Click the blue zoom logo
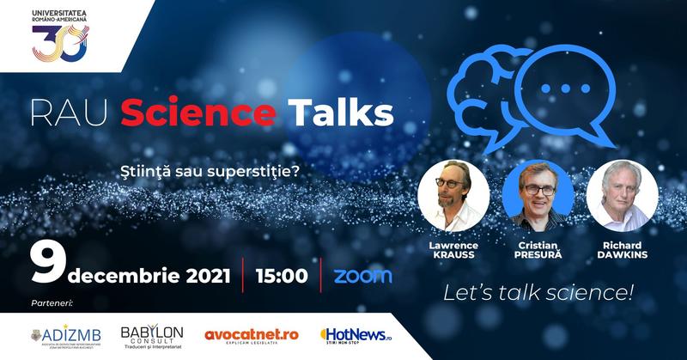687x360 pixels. click(362, 276)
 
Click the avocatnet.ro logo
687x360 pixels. click(251, 334)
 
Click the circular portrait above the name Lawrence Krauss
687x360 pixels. click(453, 194)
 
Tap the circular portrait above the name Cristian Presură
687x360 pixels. click(537, 194)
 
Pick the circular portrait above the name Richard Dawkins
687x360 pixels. click(623, 194)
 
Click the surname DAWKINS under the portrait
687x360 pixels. click(623, 255)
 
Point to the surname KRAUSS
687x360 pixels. click(453, 255)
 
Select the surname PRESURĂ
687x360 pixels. click(537, 255)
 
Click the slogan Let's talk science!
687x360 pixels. click(538, 293)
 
